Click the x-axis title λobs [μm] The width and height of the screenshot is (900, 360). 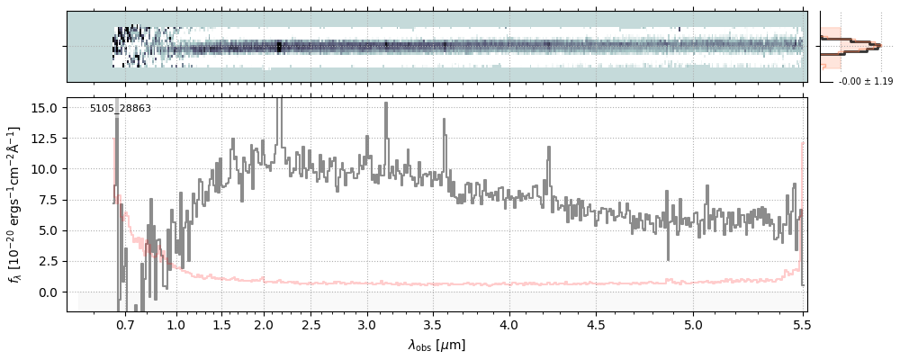(436, 344)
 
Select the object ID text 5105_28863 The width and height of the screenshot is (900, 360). (120, 108)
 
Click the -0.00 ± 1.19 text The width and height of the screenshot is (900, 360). (865, 81)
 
